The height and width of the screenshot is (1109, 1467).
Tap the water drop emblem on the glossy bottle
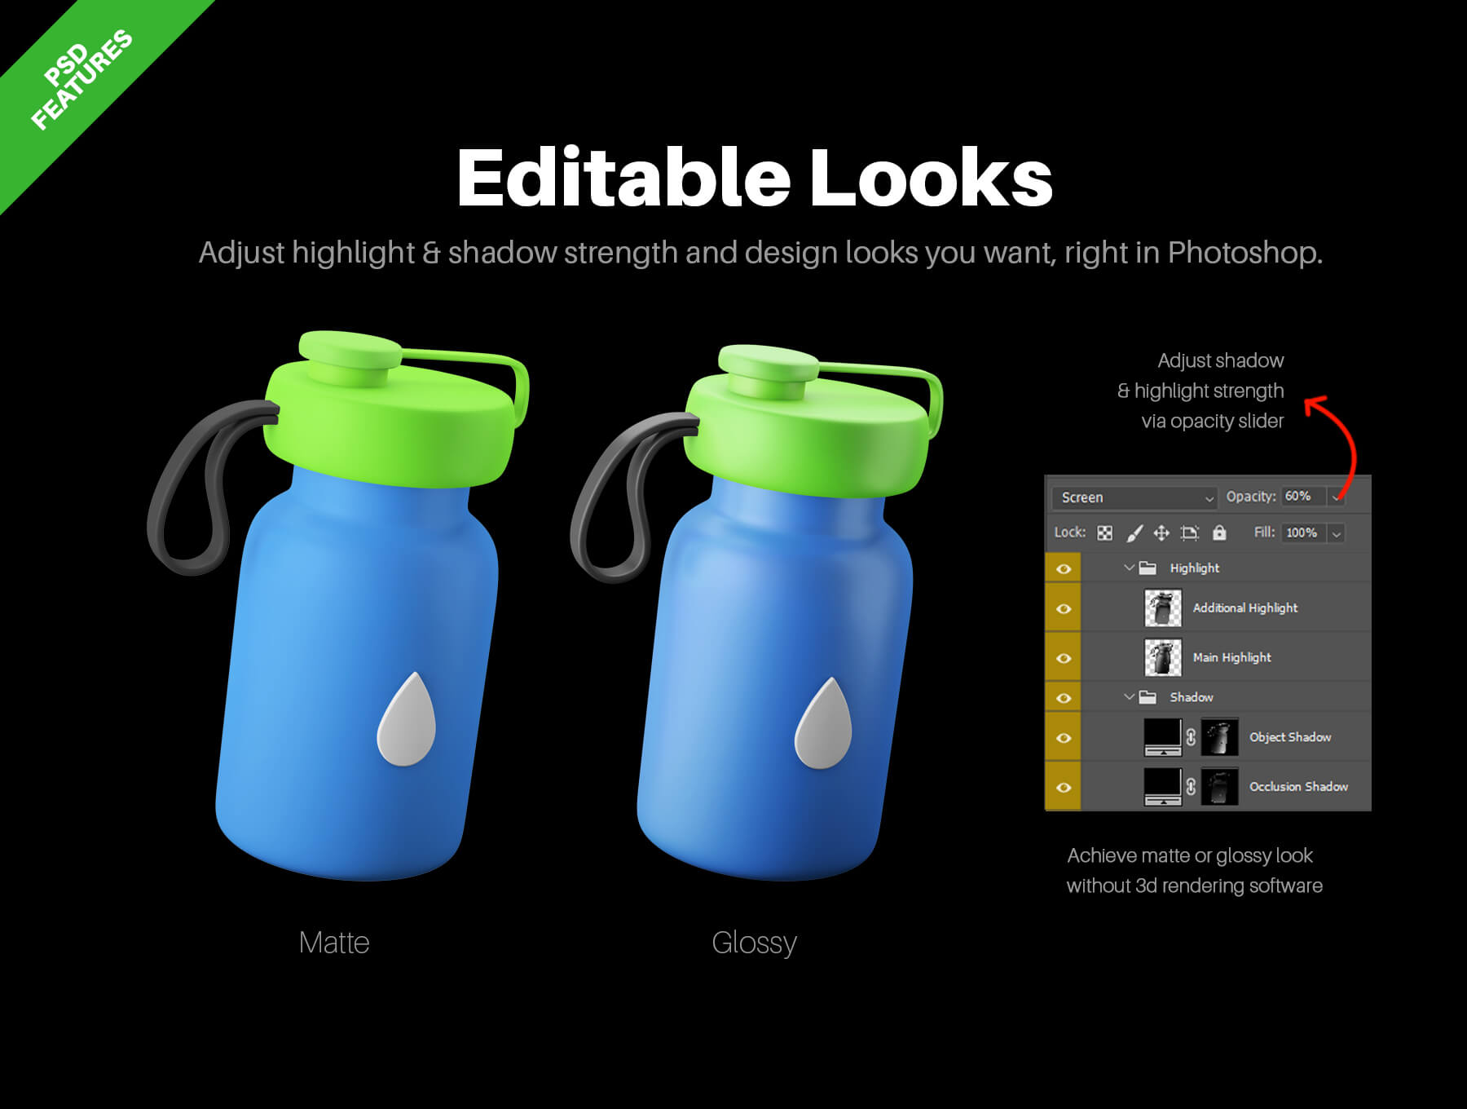point(824,727)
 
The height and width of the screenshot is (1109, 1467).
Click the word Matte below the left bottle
point(334,943)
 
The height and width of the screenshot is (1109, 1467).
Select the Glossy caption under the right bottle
point(754,943)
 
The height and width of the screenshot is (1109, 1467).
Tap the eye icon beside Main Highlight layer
point(1064,658)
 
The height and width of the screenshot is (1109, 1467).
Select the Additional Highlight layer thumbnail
point(1163,608)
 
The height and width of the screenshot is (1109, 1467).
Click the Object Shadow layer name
point(1290,737)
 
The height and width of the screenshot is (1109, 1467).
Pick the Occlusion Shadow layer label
point(1298,787)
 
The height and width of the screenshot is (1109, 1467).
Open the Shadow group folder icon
point(1148,697)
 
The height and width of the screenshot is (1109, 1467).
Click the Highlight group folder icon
point(1148,568)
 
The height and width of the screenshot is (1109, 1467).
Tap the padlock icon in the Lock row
point(1219,532)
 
